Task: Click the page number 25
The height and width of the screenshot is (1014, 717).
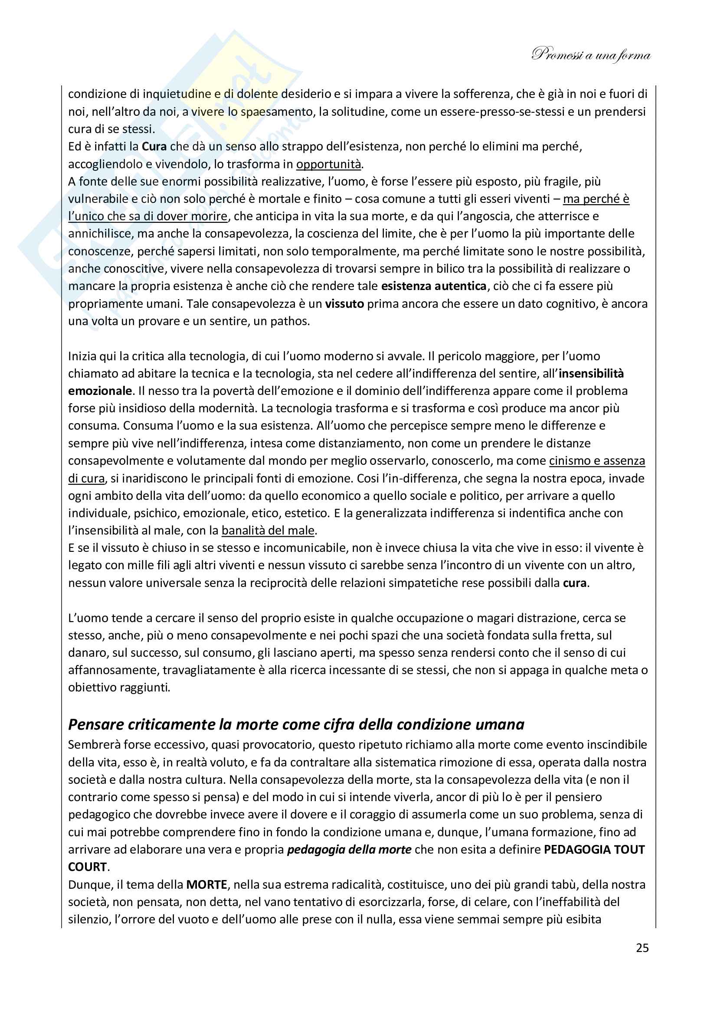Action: pos(642,948)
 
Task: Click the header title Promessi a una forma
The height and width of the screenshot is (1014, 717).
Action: pos(591,55)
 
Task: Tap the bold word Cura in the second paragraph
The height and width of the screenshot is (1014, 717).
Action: pos(154,147)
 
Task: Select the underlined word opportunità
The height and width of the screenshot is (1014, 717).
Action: pos(328,164)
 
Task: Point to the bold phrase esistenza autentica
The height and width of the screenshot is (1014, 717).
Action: pos(433,286)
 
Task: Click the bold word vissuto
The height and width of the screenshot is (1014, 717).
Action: pos(344,304)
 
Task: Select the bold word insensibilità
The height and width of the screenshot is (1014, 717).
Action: pos(591,374)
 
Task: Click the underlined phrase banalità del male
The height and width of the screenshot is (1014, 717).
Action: pos(268,530)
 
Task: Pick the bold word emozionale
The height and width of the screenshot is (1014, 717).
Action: pos(100,391)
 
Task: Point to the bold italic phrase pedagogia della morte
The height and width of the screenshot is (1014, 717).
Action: pos(349,850)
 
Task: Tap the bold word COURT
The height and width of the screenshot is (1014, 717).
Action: pos(88,867)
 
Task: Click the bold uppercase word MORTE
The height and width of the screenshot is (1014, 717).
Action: pos(206,885)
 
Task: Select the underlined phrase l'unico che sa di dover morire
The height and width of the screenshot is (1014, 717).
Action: pos(147,216)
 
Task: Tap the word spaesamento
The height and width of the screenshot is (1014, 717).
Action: pos(276,112)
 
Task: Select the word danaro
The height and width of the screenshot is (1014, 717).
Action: pos(86,653)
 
